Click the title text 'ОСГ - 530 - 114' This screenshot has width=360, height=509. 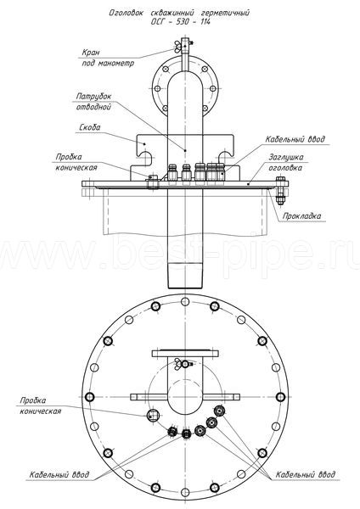[x=180, y=22]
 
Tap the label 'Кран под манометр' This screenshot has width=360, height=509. [x=108, y=58]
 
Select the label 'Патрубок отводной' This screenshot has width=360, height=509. [x=93, y=101]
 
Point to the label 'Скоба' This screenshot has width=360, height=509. [x=90, y=127]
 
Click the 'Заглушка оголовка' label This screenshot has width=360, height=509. [x=286, y=162]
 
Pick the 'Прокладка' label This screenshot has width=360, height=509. [x=302, y=215]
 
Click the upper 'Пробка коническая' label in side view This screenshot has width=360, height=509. [x=76, y=162]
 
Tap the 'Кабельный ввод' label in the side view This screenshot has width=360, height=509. [x=295, y=139]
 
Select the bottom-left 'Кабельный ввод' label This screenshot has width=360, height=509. [x=59, y=474]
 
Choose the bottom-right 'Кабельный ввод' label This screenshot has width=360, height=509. [x=306, y=474]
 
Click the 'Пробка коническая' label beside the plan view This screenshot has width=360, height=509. [x=40, y=406]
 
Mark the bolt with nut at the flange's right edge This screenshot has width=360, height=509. [x=280, y=190]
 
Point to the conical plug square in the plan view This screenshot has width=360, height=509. [x=152, y=415]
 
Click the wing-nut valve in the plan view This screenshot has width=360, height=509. [x=184, y=364]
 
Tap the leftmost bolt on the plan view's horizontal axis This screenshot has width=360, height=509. [x=90, y=397]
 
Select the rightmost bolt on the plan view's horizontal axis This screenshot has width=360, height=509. [x=280, y=397]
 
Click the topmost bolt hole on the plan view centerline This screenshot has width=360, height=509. [x=185, y=301]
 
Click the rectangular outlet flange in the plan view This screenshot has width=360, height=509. [x=185, y=353]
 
